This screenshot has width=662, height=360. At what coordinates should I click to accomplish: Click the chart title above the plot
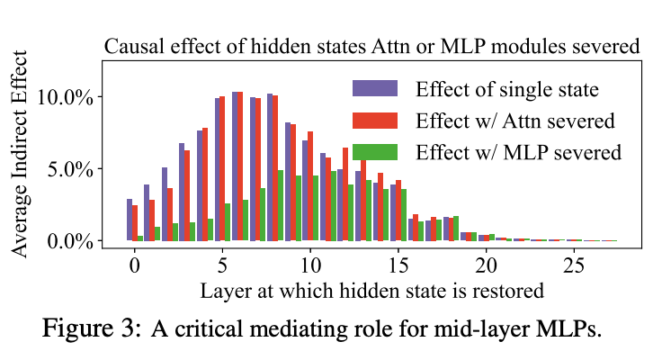click(372, 47)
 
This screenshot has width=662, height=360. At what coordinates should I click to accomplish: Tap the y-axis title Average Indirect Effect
click(19, 154)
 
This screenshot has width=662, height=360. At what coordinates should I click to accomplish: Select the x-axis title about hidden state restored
click(372, 291)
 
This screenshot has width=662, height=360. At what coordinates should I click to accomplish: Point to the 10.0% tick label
click(65, 97)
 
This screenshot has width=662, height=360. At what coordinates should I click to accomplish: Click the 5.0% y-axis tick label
click(70, 169)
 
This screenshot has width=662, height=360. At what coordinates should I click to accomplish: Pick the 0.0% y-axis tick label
click(70, 242)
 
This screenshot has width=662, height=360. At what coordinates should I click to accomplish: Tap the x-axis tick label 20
click(486, 265)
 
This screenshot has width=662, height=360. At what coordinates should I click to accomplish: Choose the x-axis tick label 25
click(574, 265)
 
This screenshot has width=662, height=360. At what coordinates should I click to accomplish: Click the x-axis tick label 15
click(398, 265)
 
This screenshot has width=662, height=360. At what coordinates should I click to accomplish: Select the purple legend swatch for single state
click(375, 88)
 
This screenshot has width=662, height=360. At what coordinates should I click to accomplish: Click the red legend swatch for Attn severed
click(375, 121)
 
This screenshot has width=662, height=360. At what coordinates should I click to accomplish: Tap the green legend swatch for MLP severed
click(375, 152)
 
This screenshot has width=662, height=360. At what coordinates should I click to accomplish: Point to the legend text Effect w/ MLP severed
click(519, 152)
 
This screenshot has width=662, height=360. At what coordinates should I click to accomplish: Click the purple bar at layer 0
click(130, 220)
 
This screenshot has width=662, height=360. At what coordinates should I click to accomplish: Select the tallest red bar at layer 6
click(240, 166)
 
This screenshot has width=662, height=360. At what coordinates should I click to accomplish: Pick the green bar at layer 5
click(228, 222)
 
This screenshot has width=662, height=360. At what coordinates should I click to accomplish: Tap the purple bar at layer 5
click(218, 169)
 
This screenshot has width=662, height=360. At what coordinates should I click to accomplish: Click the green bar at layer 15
click(404, 215)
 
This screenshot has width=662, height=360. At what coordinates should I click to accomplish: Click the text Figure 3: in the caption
click(91, 328)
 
